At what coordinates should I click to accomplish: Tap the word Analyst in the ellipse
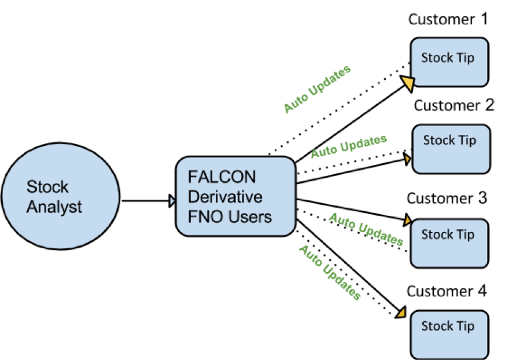[54, 207]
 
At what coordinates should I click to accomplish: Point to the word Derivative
[225, 197]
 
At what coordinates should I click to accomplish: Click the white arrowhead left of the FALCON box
[172, 201]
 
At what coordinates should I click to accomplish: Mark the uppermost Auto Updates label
[318, 90]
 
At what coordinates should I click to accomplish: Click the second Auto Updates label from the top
[348, 147]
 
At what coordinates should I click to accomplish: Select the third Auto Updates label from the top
[366, 229]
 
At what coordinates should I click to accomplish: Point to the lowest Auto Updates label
[329, 272]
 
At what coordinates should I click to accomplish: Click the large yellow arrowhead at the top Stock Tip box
[408, 84]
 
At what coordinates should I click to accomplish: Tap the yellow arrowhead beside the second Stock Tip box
[407, 159]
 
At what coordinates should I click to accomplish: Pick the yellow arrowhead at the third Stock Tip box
[407, 221]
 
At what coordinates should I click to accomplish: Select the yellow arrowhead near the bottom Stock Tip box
[401, 313]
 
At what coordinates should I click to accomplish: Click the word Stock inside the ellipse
[47, 187]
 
